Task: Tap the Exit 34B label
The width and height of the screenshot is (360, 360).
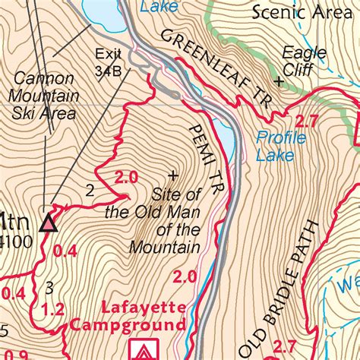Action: [x=109, y=62]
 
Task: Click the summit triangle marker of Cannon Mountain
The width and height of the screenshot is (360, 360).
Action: [x=49, y=222]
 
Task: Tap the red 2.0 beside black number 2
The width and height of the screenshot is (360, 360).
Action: [x=125, y=178]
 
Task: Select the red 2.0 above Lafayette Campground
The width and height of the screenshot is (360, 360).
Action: [x=185, y=278]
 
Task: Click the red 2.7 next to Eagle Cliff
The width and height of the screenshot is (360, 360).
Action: [x=305, y=121]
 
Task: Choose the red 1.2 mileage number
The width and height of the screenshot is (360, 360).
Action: [x=51, y=309]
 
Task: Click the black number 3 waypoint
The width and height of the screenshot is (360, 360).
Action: [x=49, y=286]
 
